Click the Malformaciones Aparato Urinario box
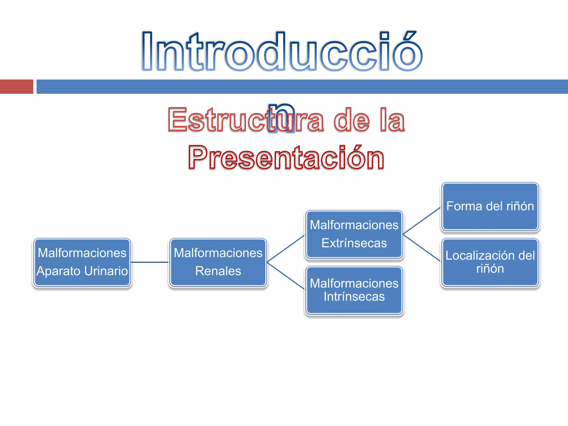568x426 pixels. coord(82,262)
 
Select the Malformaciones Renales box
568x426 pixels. coord(218,262)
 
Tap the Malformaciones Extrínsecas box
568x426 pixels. coord(354,235)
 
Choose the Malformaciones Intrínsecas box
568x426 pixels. coord(354,290)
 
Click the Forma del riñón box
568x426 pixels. coord(490,207)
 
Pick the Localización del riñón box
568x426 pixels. coord(490,262)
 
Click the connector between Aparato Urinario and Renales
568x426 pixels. coord(150,262)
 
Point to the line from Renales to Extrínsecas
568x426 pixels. coord(286,248)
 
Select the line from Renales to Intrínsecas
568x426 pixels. coord(286,276)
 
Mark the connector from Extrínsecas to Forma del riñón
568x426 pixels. coord(422,220)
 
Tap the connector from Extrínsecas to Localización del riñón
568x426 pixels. coord(422,248)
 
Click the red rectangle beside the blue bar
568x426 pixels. coord(17,87)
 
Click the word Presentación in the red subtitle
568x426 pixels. coord(286,157)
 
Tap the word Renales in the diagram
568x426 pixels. coord(218,271)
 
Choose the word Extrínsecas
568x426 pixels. coord(354,243)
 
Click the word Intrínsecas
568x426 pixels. coord(354,297)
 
